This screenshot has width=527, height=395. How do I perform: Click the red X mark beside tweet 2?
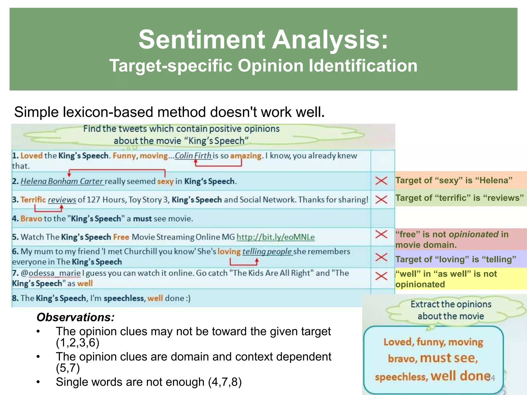(381, 181)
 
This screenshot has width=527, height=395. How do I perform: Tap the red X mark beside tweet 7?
(381, 276)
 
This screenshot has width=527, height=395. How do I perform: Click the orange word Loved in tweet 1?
(31, 156)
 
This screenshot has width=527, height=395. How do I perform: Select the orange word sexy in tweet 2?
(165, 182)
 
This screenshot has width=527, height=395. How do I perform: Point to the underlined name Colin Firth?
(193, 156)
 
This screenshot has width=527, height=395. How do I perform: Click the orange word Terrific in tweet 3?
(33, 200)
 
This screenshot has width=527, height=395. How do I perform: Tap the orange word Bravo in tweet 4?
(31, 219)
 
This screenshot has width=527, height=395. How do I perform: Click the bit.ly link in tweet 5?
(275, 237)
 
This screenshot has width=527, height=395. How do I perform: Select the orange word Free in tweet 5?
(121, 237)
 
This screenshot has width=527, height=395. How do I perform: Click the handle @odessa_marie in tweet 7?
(51, 273)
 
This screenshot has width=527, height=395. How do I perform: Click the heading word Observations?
(75, 317)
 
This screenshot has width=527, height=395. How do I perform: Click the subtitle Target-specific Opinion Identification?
(263, 66)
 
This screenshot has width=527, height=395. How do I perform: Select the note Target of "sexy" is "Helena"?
(454, 180)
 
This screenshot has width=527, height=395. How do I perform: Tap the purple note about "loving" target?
(456, 259)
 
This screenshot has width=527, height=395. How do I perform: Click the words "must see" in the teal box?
(449, 358)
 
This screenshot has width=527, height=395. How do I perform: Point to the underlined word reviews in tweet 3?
(62, 200)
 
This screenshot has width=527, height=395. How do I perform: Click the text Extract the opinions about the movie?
(451, 310)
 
